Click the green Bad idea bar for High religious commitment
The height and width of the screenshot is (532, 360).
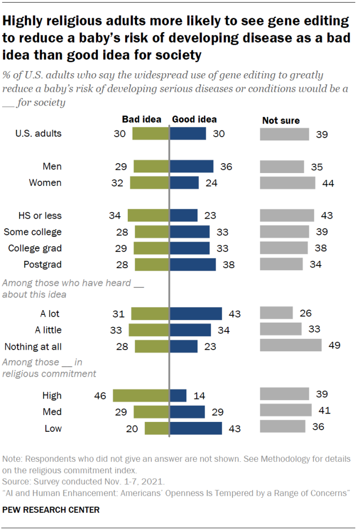(x=141, y=395)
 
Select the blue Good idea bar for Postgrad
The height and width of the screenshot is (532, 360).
(x=193, y=264)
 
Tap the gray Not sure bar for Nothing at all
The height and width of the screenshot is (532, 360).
(x=291, y=345)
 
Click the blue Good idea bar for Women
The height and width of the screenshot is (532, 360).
(x=184, y=183)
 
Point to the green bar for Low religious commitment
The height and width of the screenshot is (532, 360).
(x=157, y=428)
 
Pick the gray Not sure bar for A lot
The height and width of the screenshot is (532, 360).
(x=276, y=313)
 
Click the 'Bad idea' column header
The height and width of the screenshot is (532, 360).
(x=142, y=119)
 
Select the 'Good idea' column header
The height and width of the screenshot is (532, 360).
(x=194, y=119)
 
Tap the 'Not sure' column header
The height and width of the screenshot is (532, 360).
(x=281, y=121)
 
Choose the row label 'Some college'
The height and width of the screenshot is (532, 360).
(x=33, y=232)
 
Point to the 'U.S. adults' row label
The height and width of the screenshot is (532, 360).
(x=38, y=134)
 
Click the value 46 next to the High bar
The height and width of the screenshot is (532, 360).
(x=100, y=396)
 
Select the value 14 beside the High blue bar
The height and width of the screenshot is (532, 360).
(x=198, y=396)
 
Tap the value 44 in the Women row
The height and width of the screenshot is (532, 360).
(x=328, y=183)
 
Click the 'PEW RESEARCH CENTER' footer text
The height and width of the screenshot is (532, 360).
(x=51, y=510)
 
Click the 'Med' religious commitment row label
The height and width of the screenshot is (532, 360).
(x=53, y=412)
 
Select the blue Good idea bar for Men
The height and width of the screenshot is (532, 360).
(x=192, y=167)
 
